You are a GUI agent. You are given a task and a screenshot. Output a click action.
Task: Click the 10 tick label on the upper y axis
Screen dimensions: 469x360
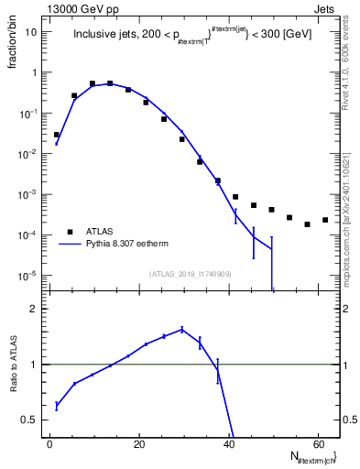32,31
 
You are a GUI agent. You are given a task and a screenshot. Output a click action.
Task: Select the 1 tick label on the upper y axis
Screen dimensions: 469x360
36,72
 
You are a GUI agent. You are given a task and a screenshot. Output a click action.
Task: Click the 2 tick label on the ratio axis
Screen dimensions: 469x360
37,309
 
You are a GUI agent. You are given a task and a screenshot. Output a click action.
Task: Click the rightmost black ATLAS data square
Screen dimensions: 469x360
325,220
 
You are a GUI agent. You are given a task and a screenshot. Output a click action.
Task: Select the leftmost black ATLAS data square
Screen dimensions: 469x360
57,135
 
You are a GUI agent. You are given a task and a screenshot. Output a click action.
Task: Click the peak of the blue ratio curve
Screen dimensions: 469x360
182,329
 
